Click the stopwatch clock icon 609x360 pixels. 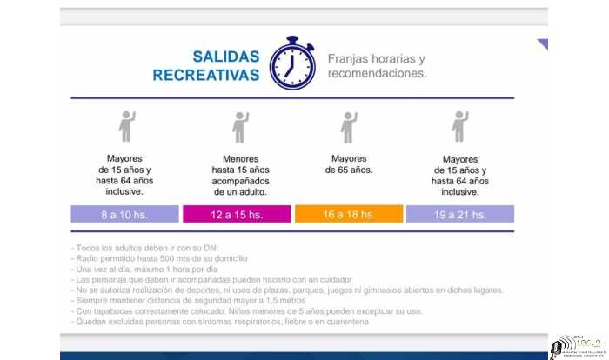click(x=291, y=63)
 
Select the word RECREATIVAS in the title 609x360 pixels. click(x=206, y=76)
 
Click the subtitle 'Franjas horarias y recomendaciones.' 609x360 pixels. click(x=377, y=66)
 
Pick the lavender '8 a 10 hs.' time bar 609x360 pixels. click(x=125, y=214)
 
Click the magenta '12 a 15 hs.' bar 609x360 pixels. click(x=237, y=214)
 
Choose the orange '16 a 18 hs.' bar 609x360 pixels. click(x=349, y=214)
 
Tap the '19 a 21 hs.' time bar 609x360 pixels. click(x=460, y=214)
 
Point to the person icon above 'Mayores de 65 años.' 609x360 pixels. click(x=349, y=127)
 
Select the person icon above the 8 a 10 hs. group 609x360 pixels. click(x=127, y=127)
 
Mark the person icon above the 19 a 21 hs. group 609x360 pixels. click(x=460, y=127)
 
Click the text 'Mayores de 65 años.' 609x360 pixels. click(x=349, y=164)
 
